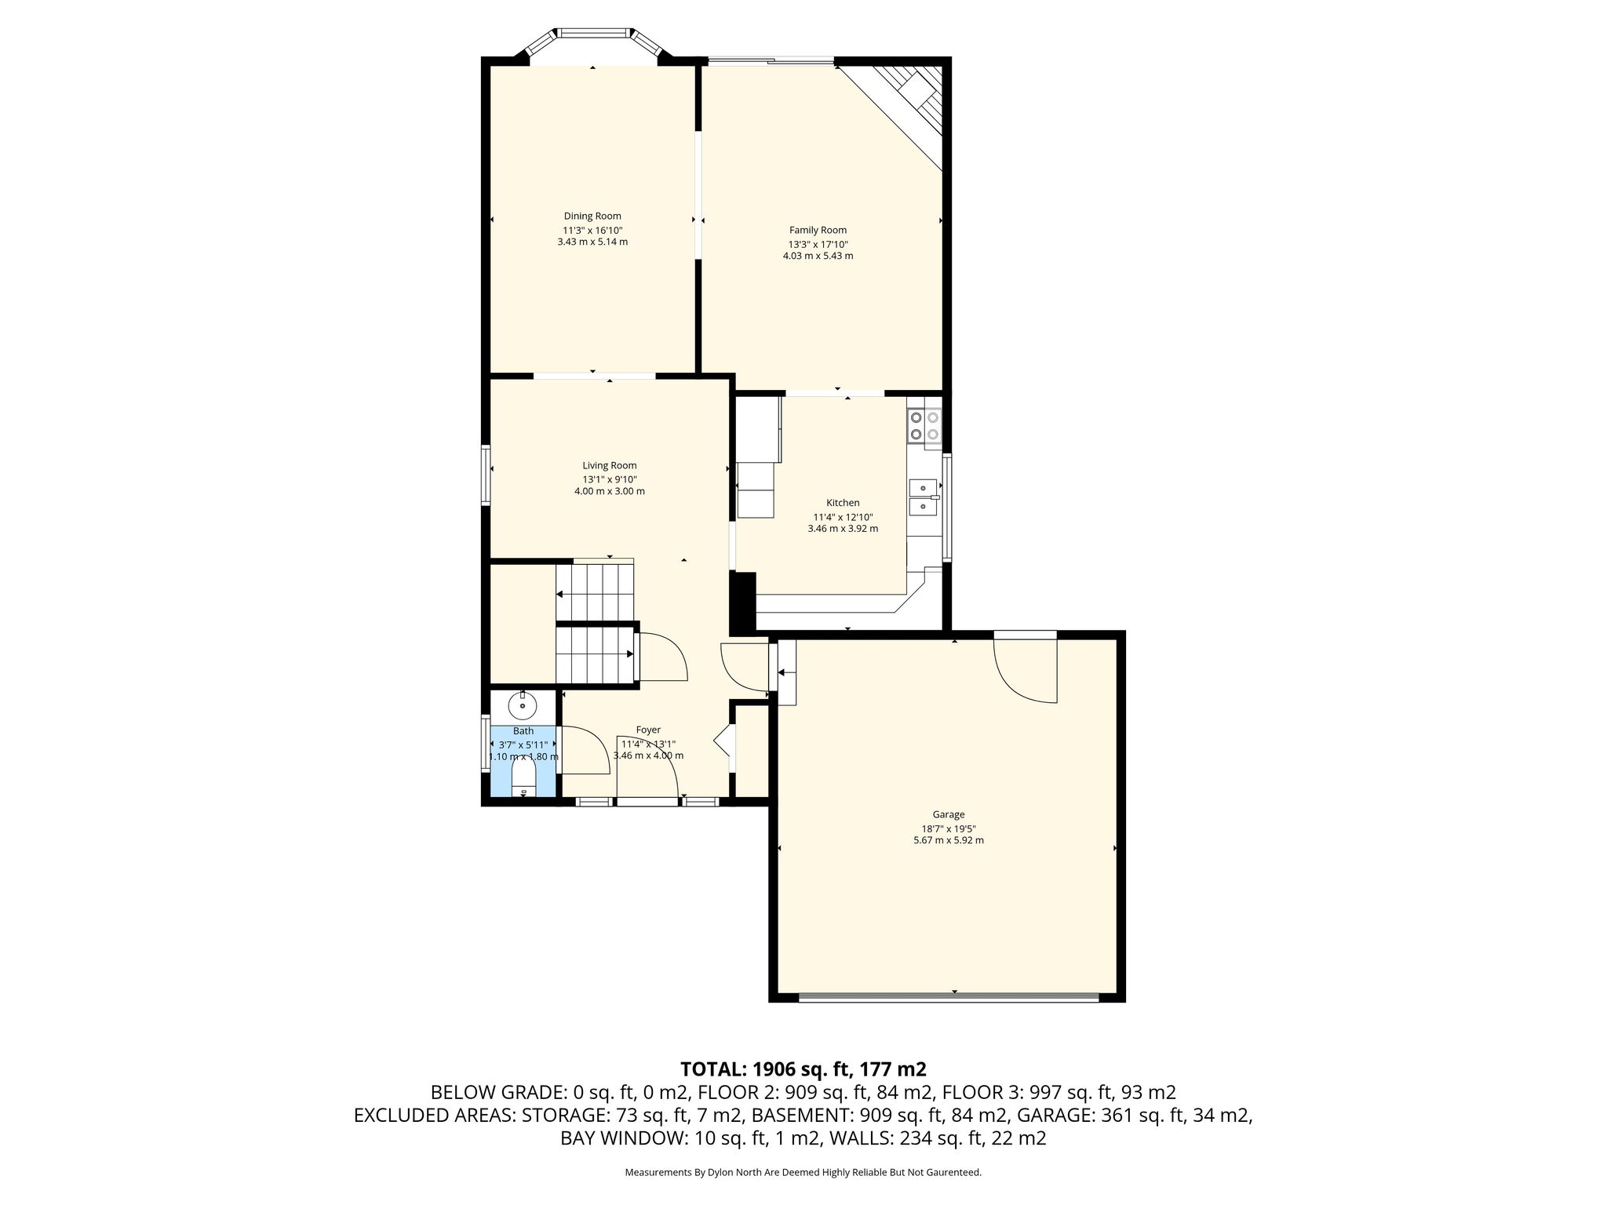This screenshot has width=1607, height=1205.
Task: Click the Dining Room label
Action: (x=592, y=217)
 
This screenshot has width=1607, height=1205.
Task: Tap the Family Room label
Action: (x=818, y=230)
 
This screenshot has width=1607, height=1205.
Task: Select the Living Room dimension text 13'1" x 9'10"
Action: (x=610, y=479)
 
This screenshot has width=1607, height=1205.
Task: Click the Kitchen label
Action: (x=843, y=503)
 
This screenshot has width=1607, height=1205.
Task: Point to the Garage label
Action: (x=948, y=814)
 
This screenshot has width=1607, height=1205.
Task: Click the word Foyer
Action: (x=648, y=730)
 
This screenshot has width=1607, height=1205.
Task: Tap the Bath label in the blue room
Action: (x=523, y=731)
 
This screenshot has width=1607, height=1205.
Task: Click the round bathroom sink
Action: (x=522, y=706)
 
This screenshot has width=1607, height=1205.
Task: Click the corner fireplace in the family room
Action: (x=902, y=106)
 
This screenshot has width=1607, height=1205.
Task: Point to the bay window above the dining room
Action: (x=592, y=43)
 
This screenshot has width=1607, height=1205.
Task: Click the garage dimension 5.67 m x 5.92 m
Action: (x=948, y=840)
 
